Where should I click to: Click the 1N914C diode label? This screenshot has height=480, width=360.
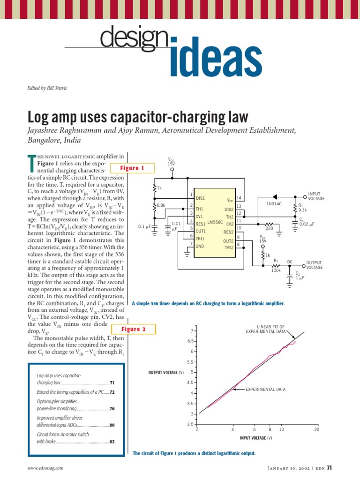[274, 204]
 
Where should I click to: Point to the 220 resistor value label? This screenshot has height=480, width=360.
[269, 228]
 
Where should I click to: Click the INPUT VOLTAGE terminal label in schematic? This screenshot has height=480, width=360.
[316, 196]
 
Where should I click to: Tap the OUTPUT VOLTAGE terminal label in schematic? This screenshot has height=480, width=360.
[315, 265]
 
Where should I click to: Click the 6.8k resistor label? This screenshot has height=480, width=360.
[161, 205]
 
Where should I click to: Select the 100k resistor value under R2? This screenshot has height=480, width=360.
[276, 270]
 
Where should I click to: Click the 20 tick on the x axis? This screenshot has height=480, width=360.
[316, 429]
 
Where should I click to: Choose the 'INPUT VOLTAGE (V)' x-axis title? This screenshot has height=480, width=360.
[256, 438]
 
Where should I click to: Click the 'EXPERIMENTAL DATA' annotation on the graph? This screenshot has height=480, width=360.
[265, 390]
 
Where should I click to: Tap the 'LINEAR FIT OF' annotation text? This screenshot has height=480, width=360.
[271, 326]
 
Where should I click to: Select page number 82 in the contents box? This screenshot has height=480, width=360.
[112, 442]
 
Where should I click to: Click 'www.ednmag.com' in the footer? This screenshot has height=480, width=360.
[45, 468]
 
